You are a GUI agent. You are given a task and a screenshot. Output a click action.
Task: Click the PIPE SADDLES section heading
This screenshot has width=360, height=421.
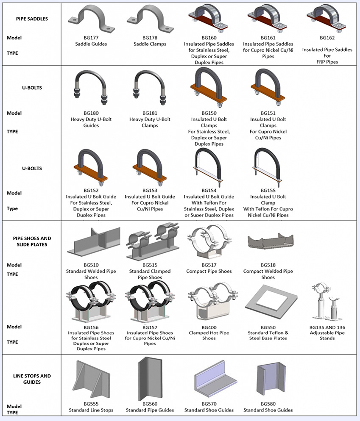[x=32, y=19]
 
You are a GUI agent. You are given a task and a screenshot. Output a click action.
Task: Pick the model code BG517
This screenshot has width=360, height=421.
[x=209, y=265]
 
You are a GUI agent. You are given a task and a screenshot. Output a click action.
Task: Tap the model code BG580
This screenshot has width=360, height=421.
[x=268, y=404]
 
